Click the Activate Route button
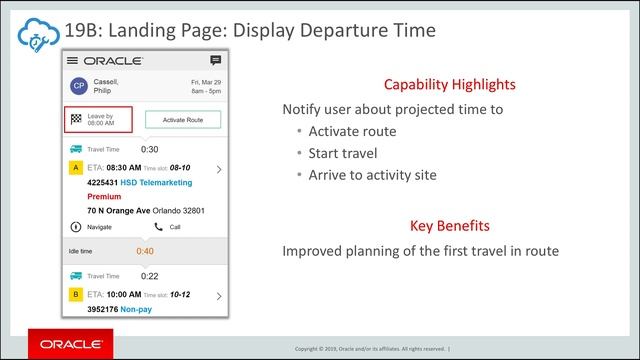point(182,120)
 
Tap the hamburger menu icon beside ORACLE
point(72,61)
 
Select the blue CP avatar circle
point(77,86)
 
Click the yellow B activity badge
point(76,295)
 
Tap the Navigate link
point(94,227)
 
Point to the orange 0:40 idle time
point(145,251)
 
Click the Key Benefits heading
point(450,226)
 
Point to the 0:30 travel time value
point(149,149)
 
